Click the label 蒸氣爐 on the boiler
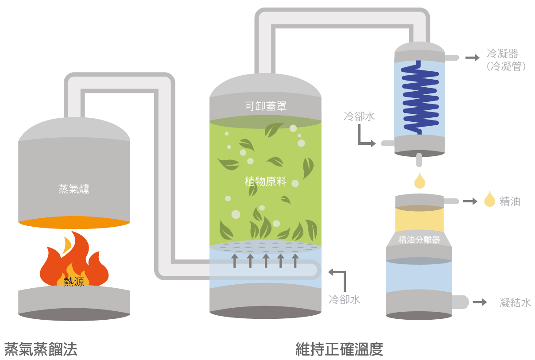pos(74,189)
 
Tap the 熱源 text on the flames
pos(74,281)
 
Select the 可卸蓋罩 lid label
pos(266,106)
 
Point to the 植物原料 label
pos(266,182)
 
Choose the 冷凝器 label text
pos(502,54)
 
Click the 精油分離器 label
pos(419,240)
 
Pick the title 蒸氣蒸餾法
pos(41,349)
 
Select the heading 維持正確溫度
pos(339,349)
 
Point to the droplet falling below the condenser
pos(419,179)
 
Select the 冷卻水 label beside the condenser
pos(359,116)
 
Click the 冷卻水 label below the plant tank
pos(345,300)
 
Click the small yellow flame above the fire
pos(68,244)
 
